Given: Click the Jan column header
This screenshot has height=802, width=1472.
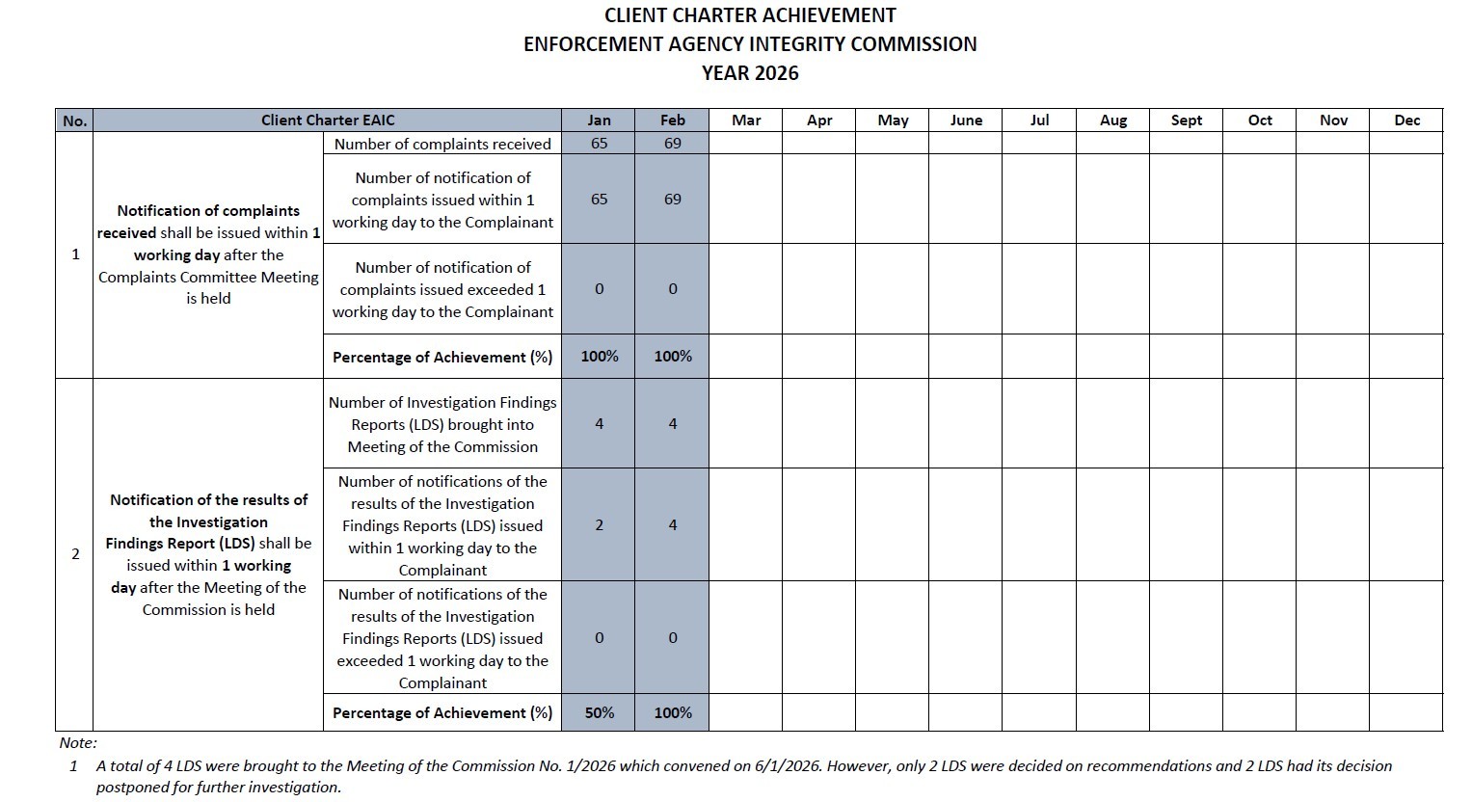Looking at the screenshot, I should [x=599, y=120].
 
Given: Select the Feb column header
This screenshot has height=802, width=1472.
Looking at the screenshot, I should [x=672, y=120].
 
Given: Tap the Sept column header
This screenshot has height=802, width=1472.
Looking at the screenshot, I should [x=1186, y=120].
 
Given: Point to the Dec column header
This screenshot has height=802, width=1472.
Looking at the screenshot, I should [x=1406, y=120].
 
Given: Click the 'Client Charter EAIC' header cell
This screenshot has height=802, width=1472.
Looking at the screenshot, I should [x=328, y=120].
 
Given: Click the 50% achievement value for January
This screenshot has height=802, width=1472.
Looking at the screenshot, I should [x=599, y=713].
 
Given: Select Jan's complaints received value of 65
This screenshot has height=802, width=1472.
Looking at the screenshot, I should [x=599, y=144].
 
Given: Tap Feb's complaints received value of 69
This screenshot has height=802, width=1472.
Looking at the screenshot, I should [x=672, y=144].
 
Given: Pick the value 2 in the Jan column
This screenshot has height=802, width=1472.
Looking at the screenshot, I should [x=599, y=525].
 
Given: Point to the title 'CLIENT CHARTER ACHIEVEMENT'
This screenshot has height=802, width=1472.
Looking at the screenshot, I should [x=750, y=15].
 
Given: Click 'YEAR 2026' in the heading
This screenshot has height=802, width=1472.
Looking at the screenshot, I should [x=750, y=73].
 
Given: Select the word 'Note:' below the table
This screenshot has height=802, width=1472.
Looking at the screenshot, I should [x=78, y=743].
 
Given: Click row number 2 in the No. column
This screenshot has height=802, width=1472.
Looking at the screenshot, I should [x=75, y=554].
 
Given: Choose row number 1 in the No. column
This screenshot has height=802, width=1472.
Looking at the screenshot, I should [x=75, y=254].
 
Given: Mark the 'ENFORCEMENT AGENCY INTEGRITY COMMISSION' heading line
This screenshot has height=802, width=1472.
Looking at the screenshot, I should [x=750, y=44].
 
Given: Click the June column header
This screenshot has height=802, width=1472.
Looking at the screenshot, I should [x=966, y=120].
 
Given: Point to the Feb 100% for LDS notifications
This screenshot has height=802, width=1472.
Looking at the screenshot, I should [x=672, y=713].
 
